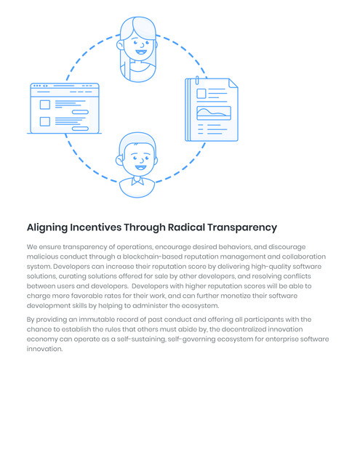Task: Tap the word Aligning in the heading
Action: pos(47,227)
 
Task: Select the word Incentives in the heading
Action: pos(95,227)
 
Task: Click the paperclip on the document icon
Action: pos(197,81)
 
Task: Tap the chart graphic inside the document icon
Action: pos(214,113)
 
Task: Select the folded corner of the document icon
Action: pos(233,84)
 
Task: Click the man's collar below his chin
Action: pos(137,180)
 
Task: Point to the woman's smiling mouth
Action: pos(141,52)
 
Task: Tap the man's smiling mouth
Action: pos(140,168)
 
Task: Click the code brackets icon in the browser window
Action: pos(45,86)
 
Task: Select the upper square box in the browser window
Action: pos(45,105)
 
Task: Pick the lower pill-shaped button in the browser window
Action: pos(80,129)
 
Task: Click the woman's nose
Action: pos(143,45)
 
